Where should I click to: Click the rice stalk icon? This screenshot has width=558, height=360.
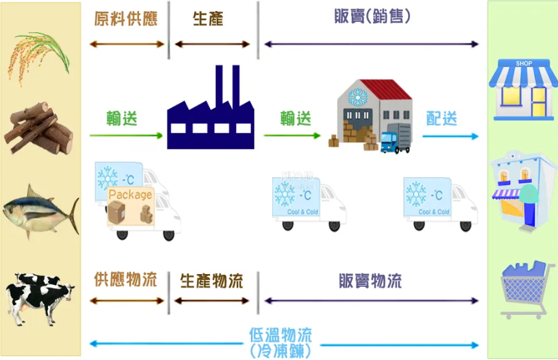point(39,55)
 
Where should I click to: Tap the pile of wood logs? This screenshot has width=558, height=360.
point(39,129)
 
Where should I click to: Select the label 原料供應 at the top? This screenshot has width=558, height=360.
point(126,18)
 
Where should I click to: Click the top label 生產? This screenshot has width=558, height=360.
point(208,18)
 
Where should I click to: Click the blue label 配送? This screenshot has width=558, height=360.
point(442,119)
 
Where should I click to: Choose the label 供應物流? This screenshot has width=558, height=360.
point(126,281)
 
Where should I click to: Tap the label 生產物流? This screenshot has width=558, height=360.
point(211,281)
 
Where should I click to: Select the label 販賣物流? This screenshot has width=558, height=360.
point(370,281)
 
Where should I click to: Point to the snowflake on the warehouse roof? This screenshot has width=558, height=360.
point(356,97)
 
